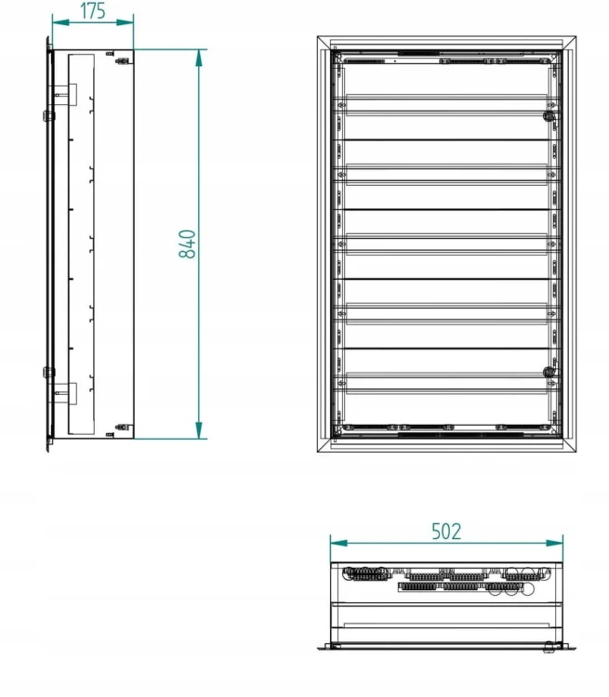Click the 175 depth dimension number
tap(93, 11)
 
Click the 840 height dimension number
tap(187, 244)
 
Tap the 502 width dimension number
tap(446, 532)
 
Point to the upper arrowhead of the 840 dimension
tap(199, 59)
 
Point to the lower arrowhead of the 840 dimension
tap(199, 430)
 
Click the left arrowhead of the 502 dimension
tap(339, 544)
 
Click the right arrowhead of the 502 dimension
tap(554, 544)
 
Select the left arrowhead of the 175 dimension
tap(60, 22)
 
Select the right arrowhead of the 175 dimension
tap(125, 22)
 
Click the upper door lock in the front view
tap(549, 116)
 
